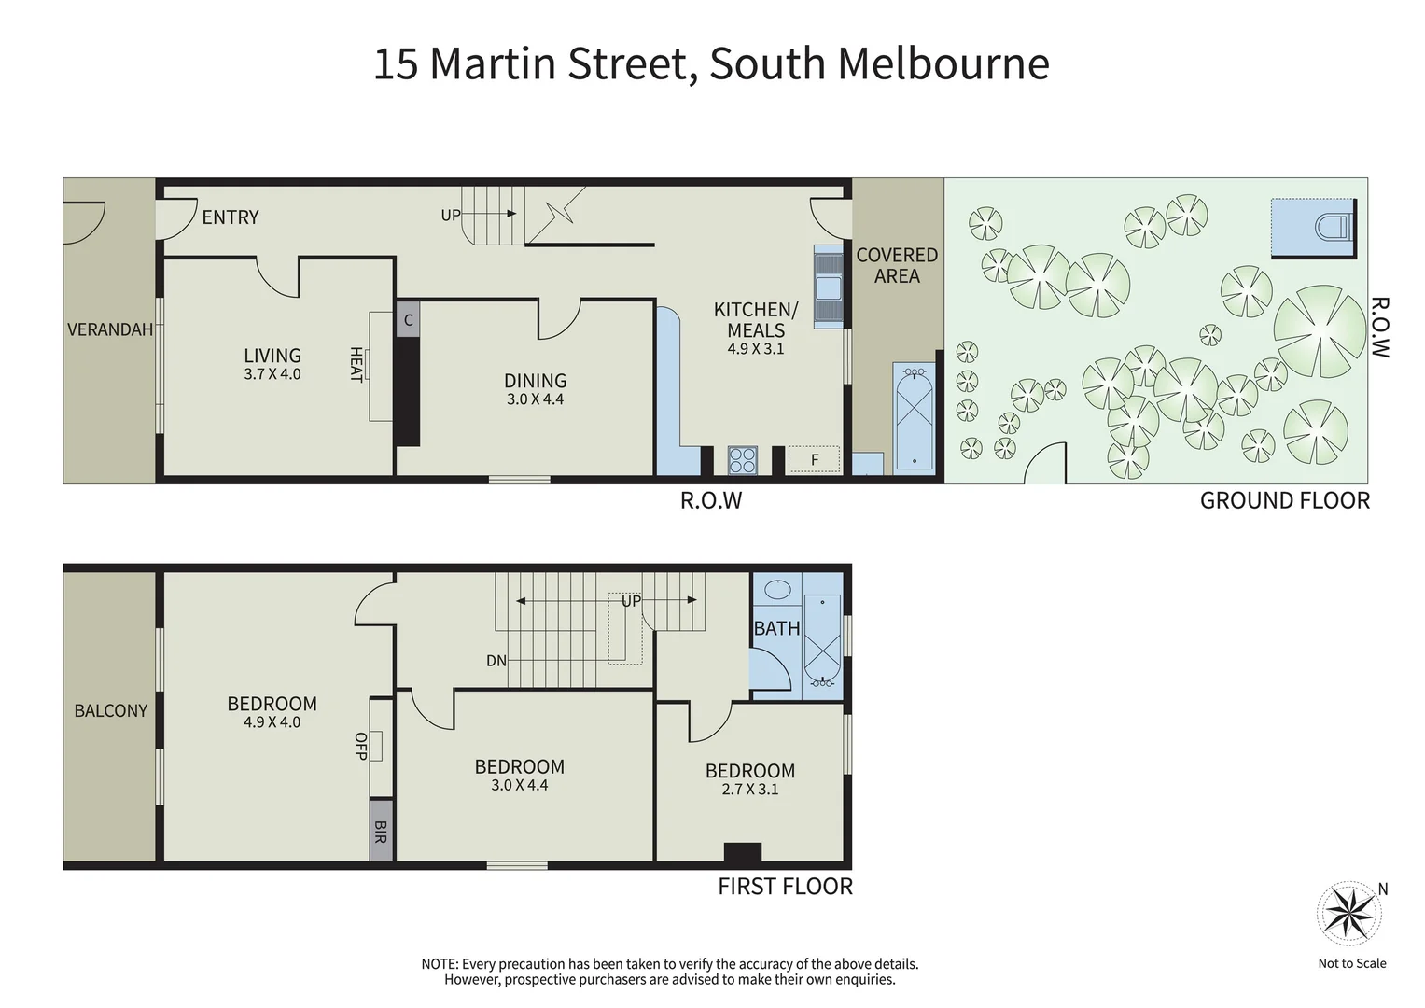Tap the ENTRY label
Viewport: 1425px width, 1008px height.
tap(231, 217)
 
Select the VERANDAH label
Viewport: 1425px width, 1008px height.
tap(110, 329)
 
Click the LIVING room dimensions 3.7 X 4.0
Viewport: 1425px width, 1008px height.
tap(272, 374)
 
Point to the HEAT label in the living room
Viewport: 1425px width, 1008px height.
tap(356, 364)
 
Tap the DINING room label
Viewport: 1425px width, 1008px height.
tap(535, 381)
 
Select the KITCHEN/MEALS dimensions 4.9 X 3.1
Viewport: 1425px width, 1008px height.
tap(756, 349)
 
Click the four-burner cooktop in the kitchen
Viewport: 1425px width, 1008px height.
tap(743, 460)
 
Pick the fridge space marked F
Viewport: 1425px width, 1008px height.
tap(814, 459)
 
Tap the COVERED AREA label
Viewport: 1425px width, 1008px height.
tap(897, 265)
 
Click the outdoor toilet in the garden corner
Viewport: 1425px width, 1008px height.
tap(1332, 227)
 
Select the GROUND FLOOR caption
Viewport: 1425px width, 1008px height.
tap(1284, 501)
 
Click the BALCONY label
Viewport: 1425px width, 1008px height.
tap(111, 711)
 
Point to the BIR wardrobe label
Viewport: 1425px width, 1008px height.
tap(380, 831)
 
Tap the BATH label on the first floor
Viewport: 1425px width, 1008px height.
tap(776, 628)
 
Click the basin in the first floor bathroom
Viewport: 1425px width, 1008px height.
tap(776, 590)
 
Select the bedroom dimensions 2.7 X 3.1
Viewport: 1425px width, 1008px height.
tap(750, 790)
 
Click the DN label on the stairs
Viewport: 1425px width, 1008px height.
tap(496, 661)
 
